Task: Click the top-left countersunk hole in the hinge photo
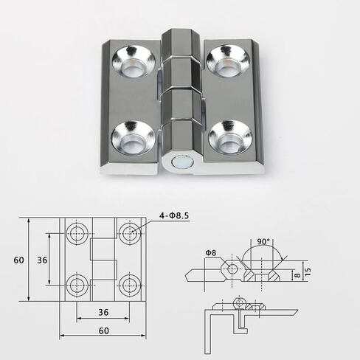pos(134,62)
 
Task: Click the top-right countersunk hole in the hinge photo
pos(228,61)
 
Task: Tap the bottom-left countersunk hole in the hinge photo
pos(134,138)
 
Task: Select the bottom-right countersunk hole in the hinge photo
pos(230,138)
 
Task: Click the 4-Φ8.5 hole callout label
pos(174,216)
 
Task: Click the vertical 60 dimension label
pos(19,260)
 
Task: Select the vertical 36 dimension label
pos(42,260)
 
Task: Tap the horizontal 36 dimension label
pos(103,312)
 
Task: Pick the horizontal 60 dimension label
pos(104,330)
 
